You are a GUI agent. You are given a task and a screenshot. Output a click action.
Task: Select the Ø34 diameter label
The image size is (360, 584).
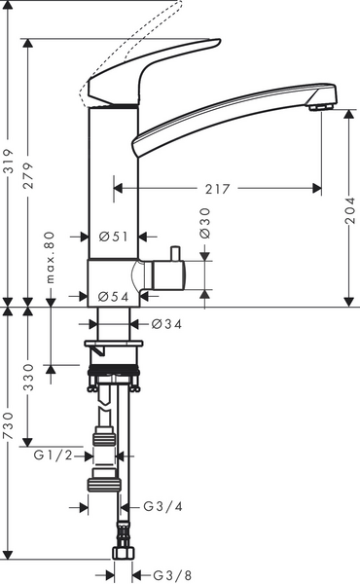point(165,324)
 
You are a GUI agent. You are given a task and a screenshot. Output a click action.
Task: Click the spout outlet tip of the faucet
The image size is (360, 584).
point(317,105)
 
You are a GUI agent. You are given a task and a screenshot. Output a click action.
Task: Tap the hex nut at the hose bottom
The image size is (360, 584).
point(122,554)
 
